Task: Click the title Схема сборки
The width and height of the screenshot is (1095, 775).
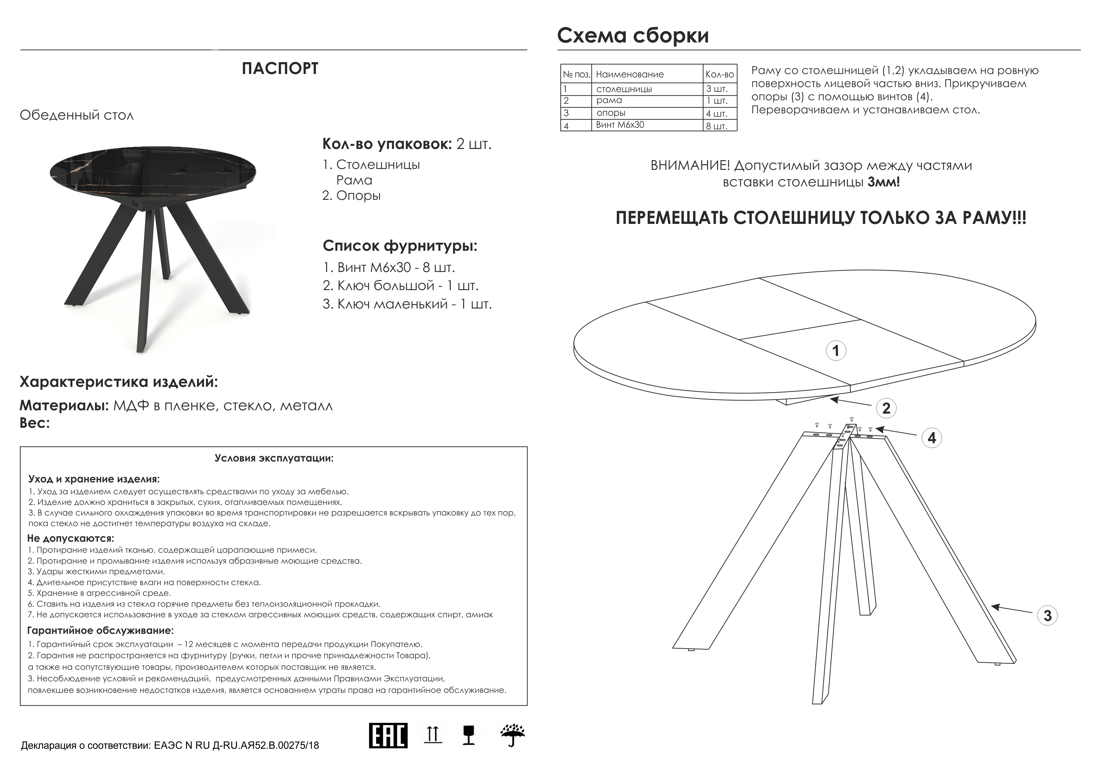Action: [x=633, y=35]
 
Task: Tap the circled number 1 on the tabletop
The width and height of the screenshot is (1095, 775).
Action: [x=836, y=351]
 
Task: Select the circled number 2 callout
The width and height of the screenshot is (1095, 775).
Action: [x=886, y=408]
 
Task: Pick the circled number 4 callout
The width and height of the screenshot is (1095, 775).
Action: [x=932, y=437]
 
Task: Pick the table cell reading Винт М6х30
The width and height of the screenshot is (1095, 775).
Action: [x=620, y=125]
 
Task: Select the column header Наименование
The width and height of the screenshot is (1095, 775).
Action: [x=630, y=74]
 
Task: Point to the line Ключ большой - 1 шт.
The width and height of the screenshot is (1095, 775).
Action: [x=400, y=285]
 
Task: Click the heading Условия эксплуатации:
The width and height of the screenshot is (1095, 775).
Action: [x=274, y=458]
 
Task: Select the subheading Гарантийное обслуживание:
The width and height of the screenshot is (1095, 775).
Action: [x=101, y=630]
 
